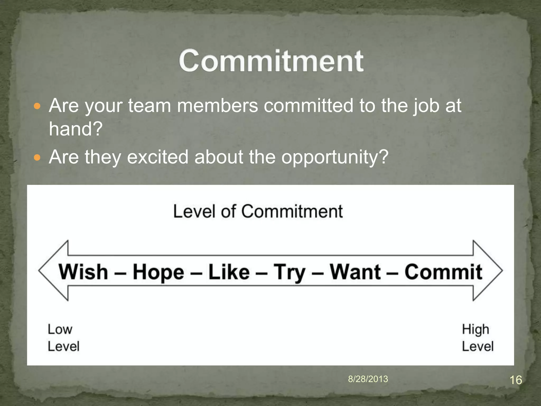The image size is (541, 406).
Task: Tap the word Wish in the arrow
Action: (x=83, y=272)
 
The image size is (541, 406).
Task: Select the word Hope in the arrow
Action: (x=158, y=272)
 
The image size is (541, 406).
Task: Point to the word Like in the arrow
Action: (x=229, y=272)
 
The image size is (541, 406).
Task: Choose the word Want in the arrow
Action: (x=355, y=272)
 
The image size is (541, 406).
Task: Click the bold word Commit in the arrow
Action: (x=443, y=272)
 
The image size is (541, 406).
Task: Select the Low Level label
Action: (x=63, y=338)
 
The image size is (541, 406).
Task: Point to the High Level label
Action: (x=477, y=338)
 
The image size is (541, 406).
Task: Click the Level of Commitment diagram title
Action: (x=258, y=211)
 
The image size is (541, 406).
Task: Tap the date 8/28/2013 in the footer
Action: (x=368, y=379)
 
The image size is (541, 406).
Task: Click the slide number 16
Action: (x=515, y=380)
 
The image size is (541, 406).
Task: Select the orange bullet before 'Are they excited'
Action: (x=38, y=158)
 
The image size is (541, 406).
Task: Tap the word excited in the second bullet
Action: (x=158, y=157)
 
